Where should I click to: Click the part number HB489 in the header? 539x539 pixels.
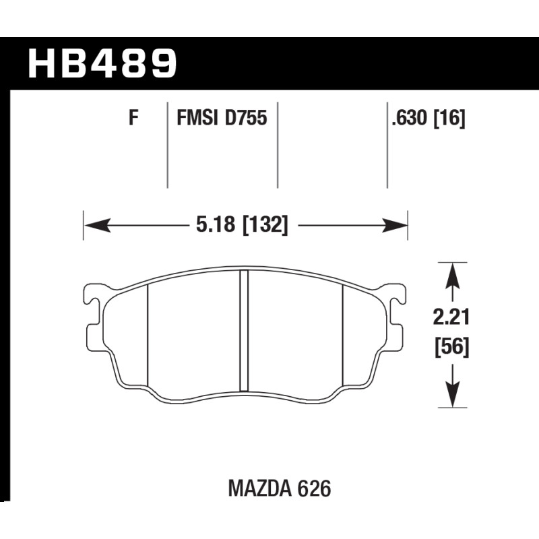[102, 63]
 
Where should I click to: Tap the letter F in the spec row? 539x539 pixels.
[133, 118]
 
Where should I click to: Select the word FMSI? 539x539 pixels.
[197, 118]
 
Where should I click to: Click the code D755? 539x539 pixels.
[246, 118]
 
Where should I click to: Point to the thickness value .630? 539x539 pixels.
[410, 119]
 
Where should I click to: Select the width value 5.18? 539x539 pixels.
[216, 225]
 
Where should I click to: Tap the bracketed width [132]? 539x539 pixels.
[265, 225]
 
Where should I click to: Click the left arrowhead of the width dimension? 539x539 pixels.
[98, 225]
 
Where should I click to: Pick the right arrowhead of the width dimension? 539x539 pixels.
[394, 225]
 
